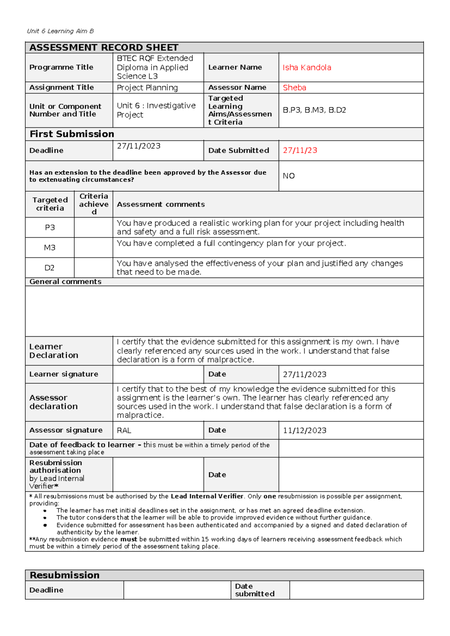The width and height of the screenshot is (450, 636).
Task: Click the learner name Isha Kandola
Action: [x=307, y=67]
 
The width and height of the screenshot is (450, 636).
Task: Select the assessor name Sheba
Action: [x=294, y=88]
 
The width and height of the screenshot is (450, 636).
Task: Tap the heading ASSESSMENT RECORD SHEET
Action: [x=104, y=48]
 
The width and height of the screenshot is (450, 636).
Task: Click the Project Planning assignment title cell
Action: [x=147, y=88]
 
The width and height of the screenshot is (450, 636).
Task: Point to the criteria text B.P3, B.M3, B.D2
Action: [x=314, y=110]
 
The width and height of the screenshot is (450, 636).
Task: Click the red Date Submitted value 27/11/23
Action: [x=300, y=150]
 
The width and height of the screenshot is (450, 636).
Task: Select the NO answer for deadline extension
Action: [x=289, y=176]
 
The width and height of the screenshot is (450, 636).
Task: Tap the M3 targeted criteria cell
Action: [x=49, y=247]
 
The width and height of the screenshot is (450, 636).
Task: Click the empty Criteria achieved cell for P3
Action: [x=93, y=228]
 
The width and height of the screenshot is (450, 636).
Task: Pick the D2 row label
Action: [x=49, y=268]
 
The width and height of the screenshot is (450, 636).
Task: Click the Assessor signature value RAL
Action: [x=124, y=430]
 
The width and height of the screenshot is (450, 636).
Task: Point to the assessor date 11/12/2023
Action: [x=304, y=430]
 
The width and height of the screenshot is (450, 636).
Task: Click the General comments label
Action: [x=65, y=282]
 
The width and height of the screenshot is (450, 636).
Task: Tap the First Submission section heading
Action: [x=72, y=134]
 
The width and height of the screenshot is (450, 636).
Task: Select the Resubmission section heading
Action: [x=64, y=575]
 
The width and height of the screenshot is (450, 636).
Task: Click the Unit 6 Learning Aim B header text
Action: [x=60, y=31]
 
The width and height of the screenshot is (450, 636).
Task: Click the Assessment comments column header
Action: [x=161, y=204]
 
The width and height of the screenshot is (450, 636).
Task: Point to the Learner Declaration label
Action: [x=54, y=351]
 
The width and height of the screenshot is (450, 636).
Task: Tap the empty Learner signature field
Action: [x=158, y=374]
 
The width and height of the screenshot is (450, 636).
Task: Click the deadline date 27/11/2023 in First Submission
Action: [x=138, y=146]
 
